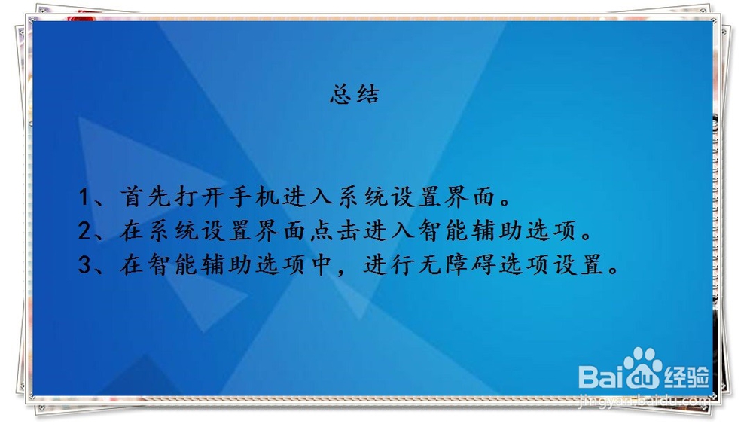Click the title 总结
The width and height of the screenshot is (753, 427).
tap(354, 96)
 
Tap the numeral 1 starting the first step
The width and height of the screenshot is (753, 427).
tap(85, 198)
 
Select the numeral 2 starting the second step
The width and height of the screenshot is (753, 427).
tap(85, 232)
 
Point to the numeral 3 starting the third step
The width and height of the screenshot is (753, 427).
tap(85, 266)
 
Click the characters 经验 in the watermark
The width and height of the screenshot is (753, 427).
tap(687, 373)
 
